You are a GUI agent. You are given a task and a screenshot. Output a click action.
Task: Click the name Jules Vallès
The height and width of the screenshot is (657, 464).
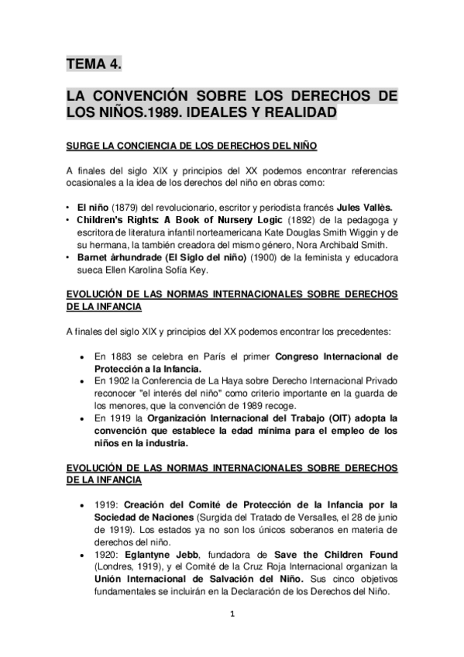click(x=363, y=208)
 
